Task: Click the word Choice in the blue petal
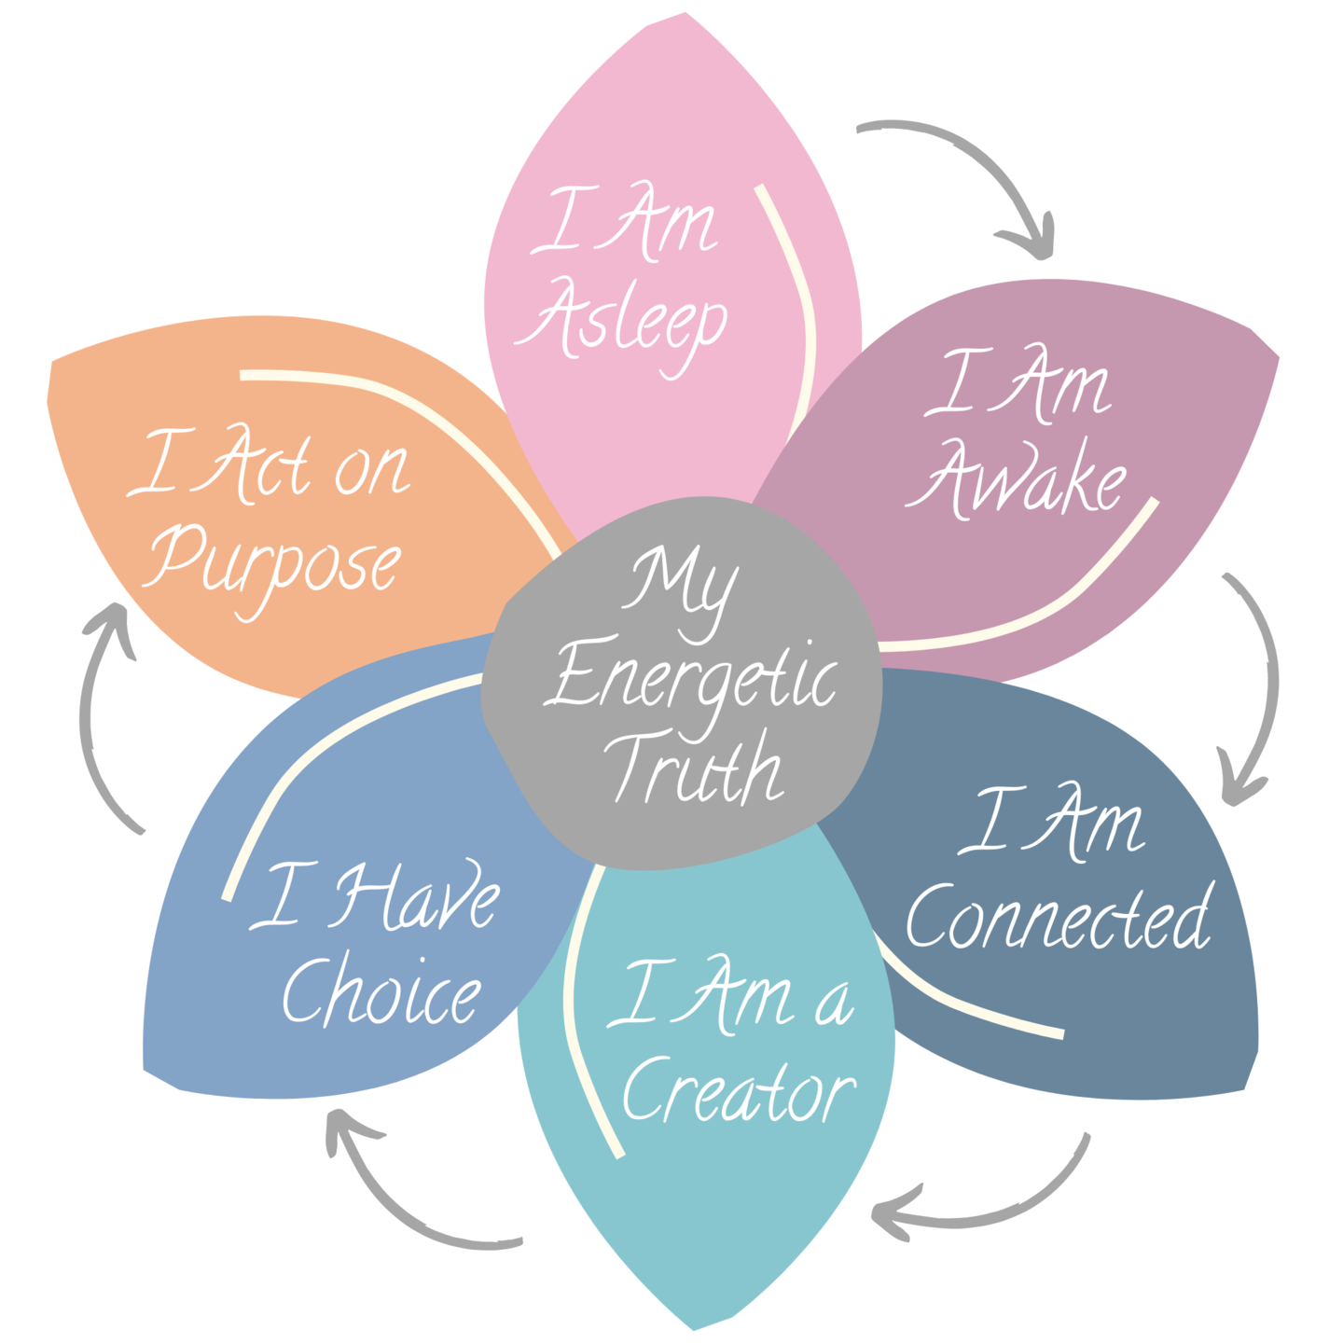[x=382, y=992]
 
